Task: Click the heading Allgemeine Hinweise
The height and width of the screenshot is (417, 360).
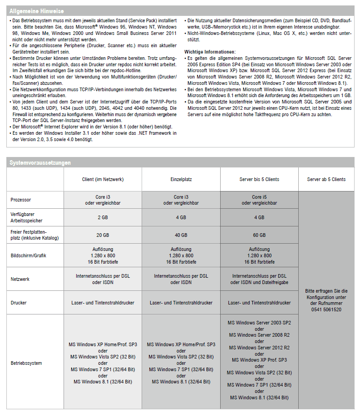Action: (x=37, y=10)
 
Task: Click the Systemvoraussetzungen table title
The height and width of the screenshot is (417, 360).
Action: (x=40, y=162)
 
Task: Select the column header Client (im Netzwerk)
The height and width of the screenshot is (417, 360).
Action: (x=103, y=179)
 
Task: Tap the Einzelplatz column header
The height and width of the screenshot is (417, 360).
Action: (x=181, y=179)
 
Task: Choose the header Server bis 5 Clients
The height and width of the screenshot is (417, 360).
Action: (x=259, y=179)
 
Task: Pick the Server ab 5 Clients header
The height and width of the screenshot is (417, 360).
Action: (x=326, y=179)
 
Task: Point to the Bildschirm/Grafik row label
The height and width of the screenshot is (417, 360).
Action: (x=28, y=255)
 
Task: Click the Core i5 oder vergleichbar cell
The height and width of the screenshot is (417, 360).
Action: (x=259, y=200)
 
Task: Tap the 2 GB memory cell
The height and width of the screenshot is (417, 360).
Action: (x=103, y=217)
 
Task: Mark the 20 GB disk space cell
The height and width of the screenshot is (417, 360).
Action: (x=103, y=235)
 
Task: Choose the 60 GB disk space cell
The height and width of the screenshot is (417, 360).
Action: (x=259, y=235)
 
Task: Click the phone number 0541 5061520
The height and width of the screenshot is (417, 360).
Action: (x=326, y=309)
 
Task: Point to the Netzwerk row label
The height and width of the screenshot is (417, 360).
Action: (x=20, y=279)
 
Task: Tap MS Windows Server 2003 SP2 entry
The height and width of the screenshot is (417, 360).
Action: (x=259, y=323)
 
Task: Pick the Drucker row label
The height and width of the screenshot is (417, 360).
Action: (x=19, y=303)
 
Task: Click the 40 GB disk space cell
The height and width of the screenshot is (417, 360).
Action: (x=181, y=235)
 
